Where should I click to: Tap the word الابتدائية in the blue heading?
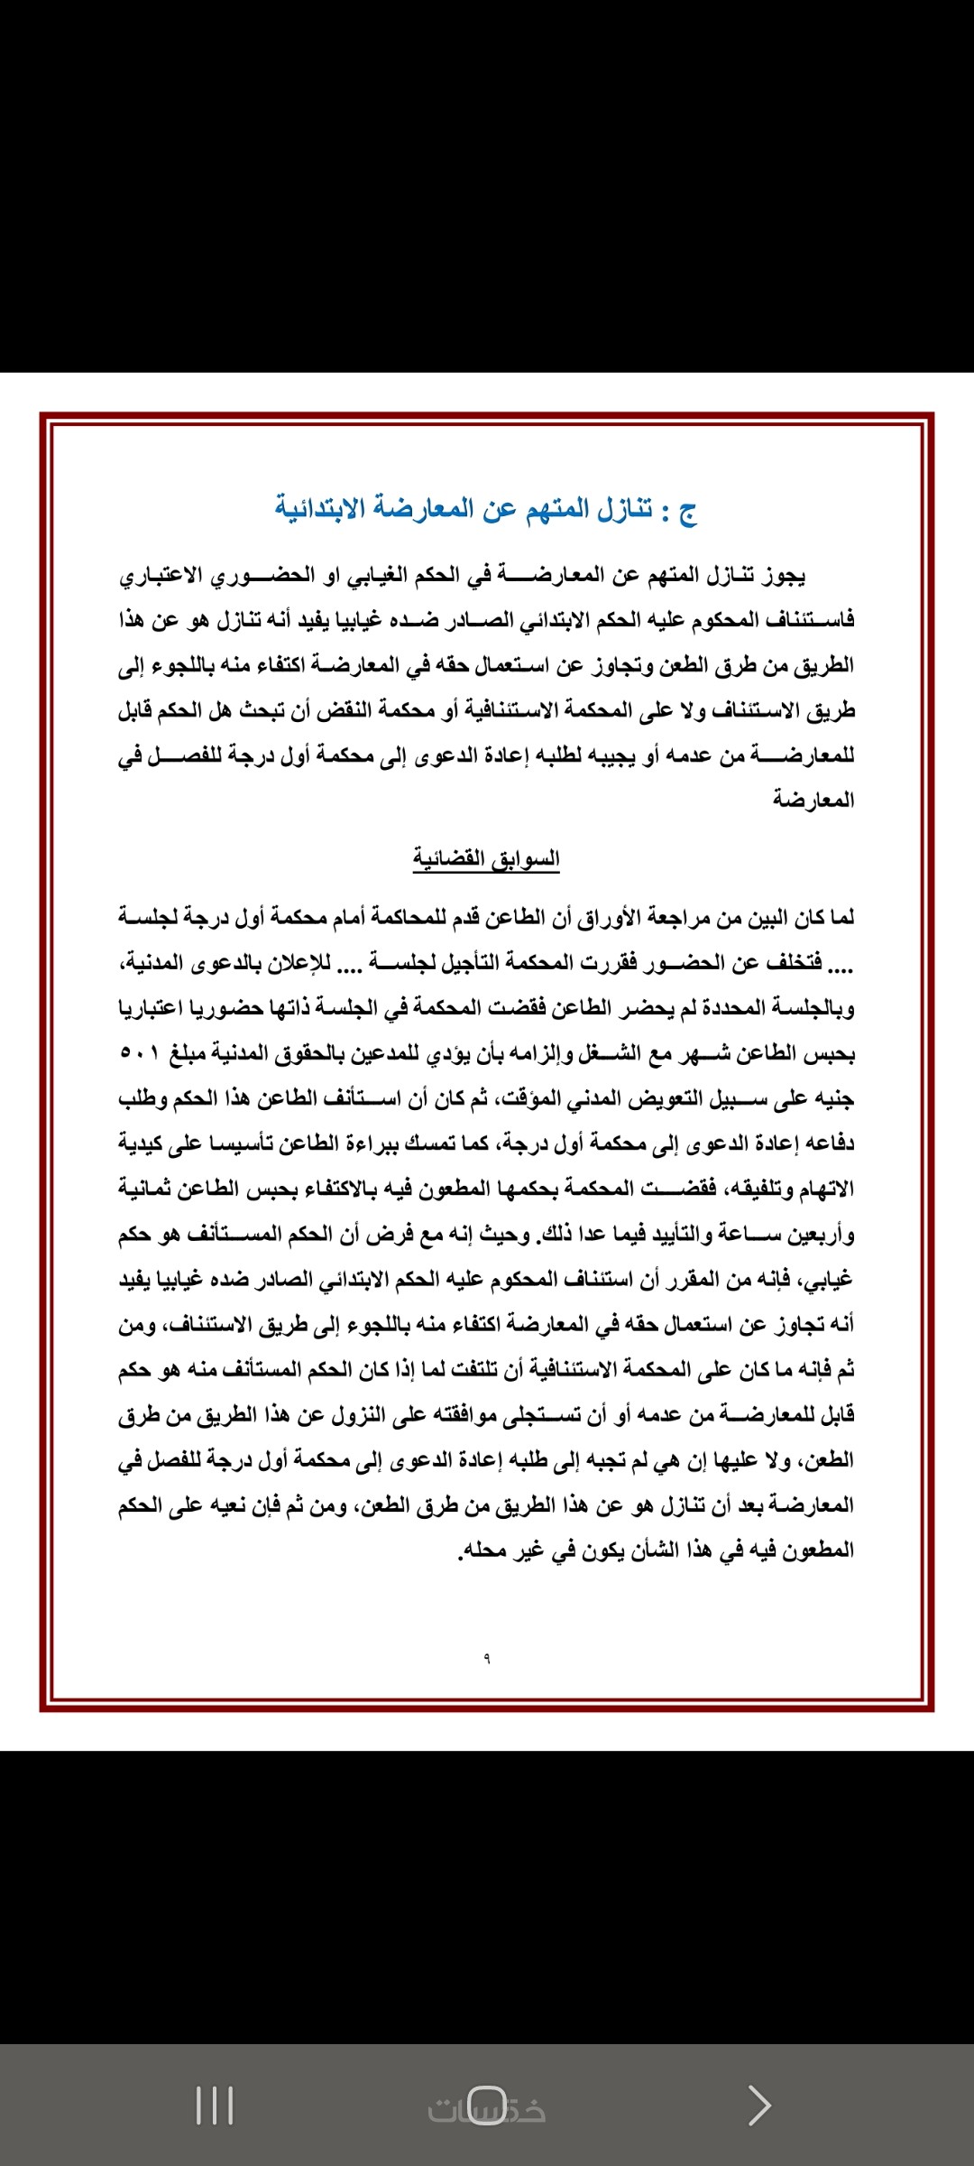[319, 508]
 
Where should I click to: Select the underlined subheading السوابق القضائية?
[486, 858]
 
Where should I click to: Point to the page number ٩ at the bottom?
[487, 1658]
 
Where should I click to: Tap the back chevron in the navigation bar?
[759, 2106]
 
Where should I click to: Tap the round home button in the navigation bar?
[487, 2106]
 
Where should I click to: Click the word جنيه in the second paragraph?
[832, 1098]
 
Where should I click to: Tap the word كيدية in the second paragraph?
[142, 1143]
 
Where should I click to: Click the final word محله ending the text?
[483, 1550]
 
